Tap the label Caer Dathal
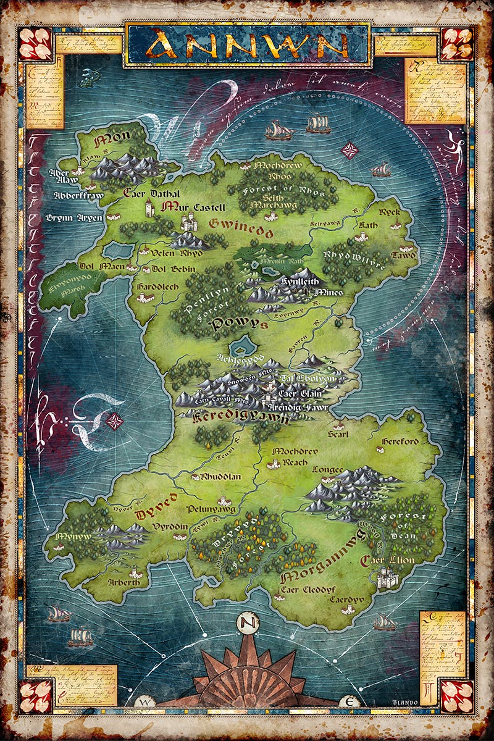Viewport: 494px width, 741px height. point(152,193)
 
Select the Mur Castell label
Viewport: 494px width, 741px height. point(193,207)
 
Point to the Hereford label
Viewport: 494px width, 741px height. point(400,441)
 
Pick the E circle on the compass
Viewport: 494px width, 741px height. point(348,702)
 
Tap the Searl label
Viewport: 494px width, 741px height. point(338,434)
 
